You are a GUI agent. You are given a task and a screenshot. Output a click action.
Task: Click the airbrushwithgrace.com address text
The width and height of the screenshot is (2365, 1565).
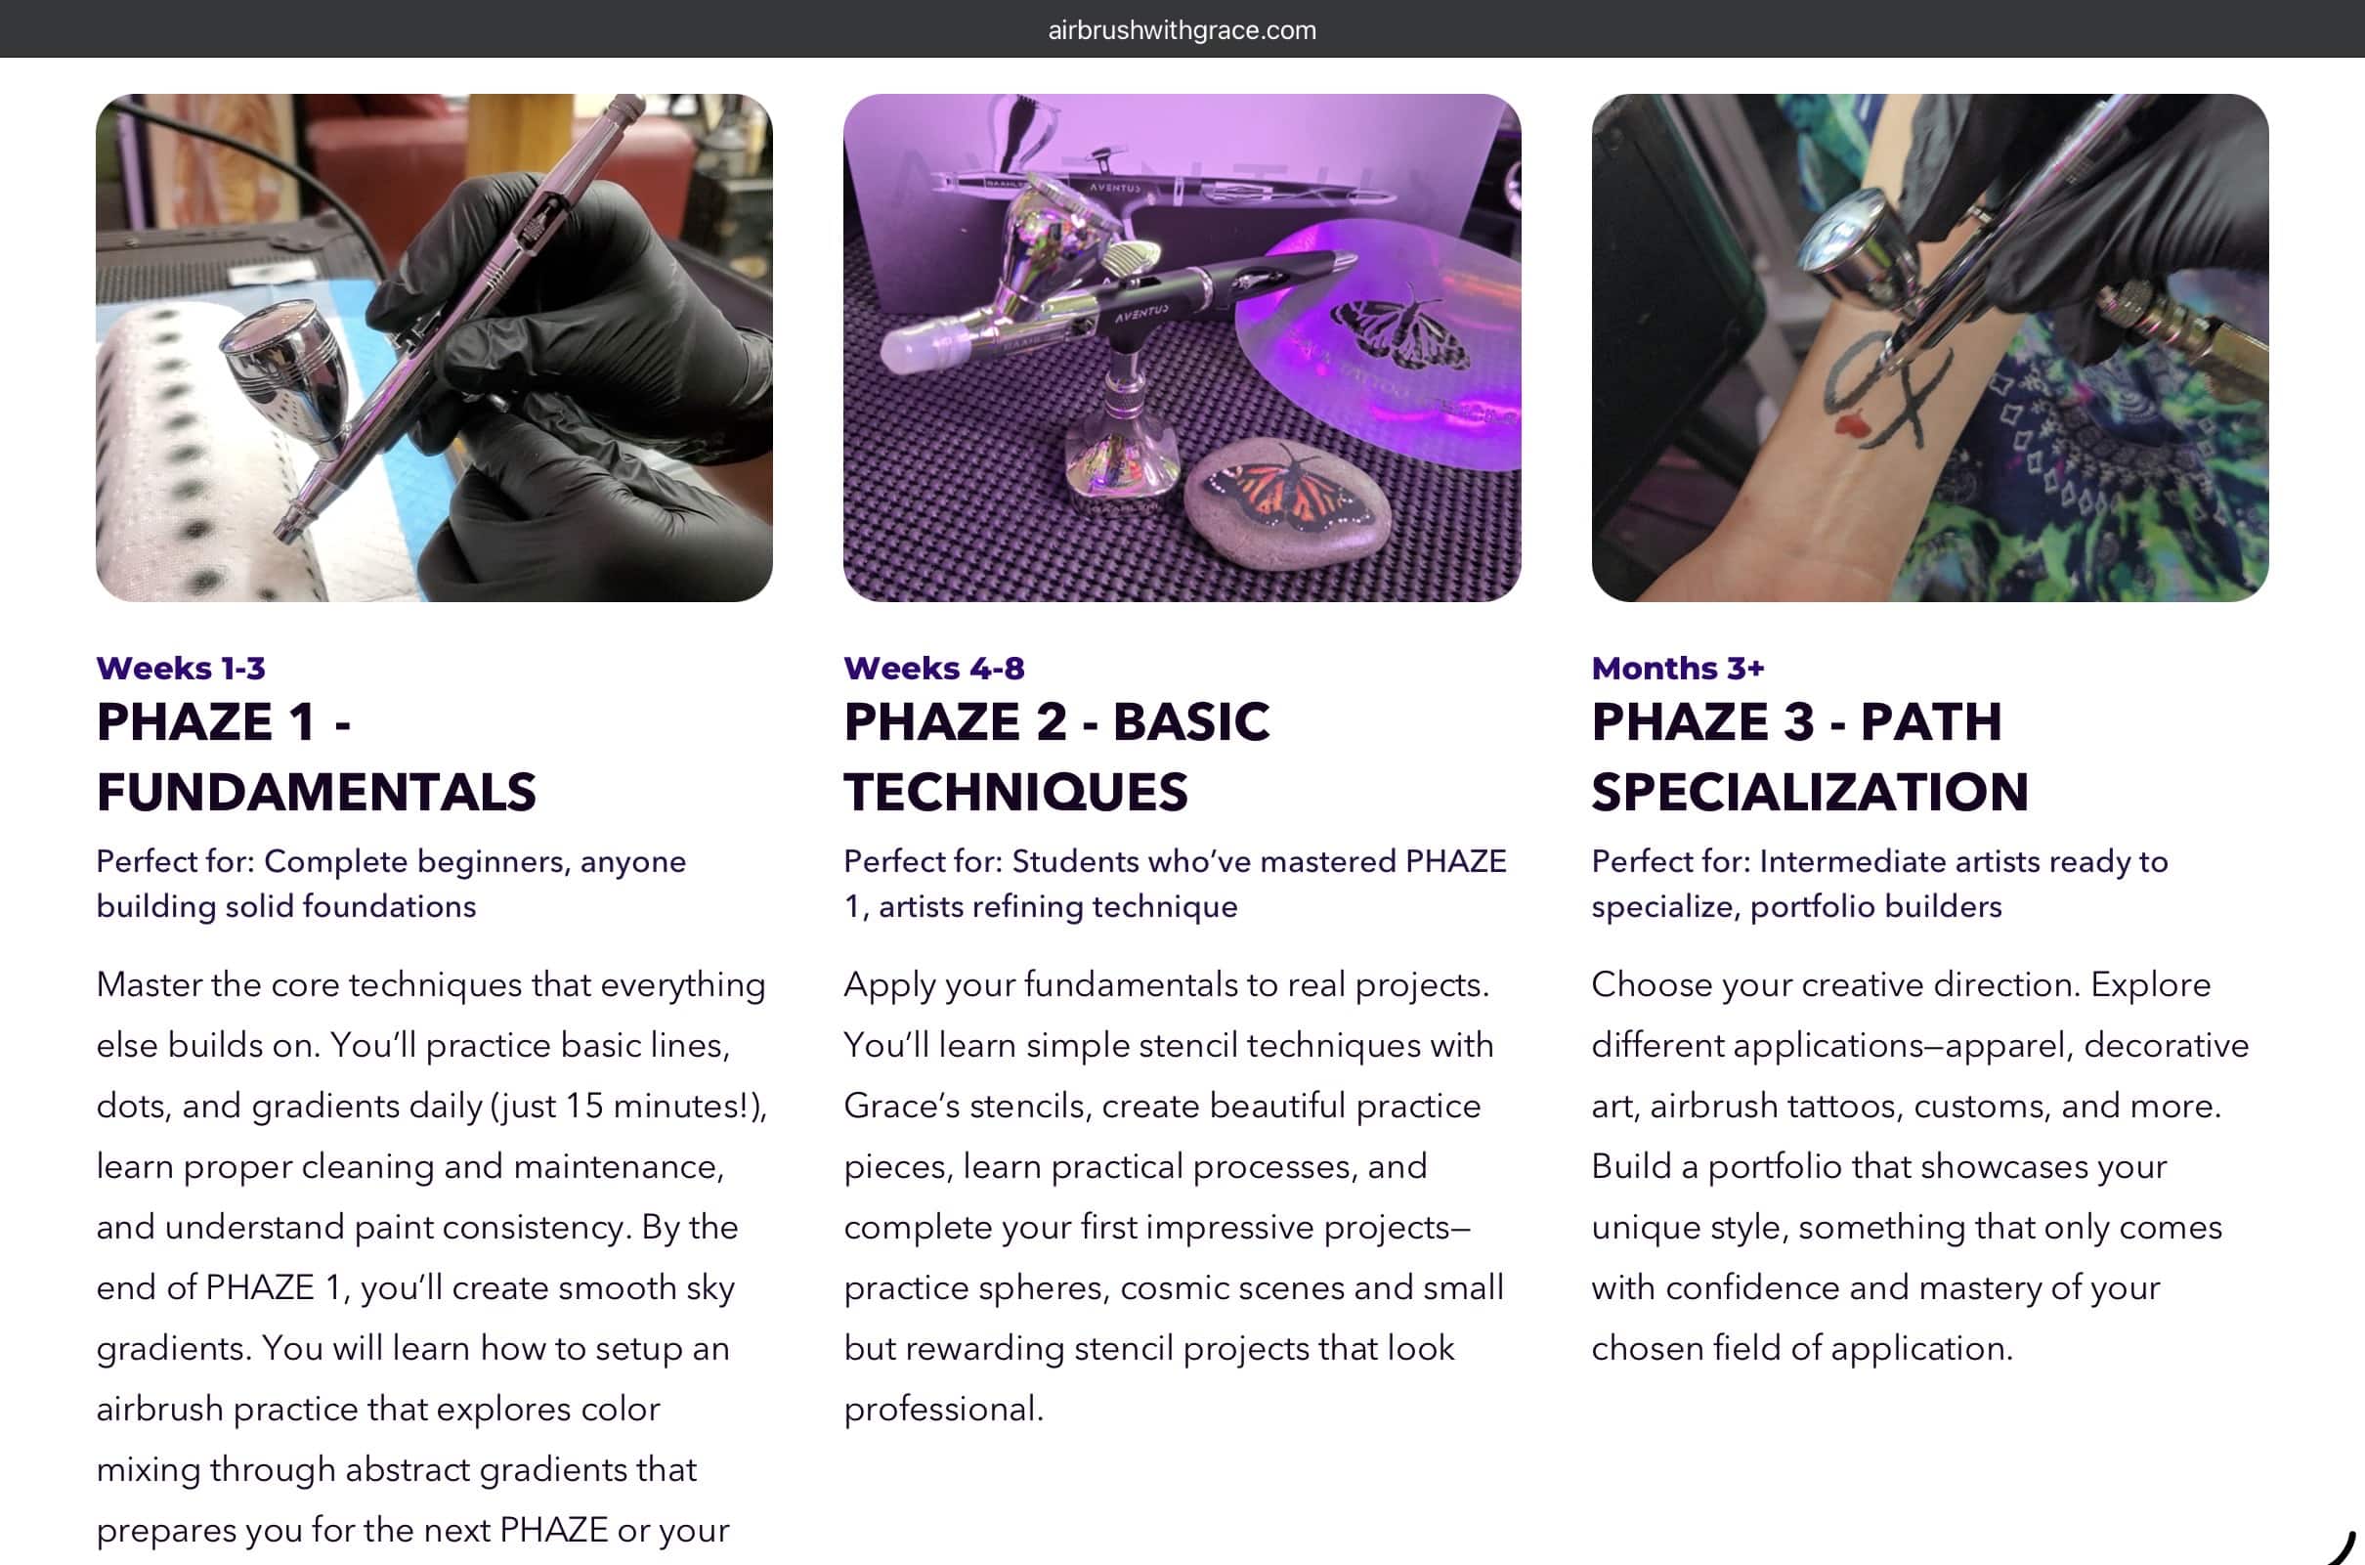click(1182, 30)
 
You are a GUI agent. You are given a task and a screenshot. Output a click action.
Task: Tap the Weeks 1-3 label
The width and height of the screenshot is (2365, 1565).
click(181, 668)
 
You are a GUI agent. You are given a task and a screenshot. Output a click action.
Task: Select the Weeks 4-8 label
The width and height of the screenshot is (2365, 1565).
click(934, 668)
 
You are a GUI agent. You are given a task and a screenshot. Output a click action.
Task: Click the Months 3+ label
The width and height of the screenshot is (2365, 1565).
click(1677, 668)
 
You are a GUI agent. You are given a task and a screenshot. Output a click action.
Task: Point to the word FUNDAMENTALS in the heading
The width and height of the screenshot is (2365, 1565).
click(317, 792)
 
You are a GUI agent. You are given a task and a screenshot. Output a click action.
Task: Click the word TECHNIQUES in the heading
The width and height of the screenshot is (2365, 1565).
click(1015, 792)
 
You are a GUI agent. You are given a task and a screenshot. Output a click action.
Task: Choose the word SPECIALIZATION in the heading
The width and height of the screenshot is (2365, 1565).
click(1810, 792)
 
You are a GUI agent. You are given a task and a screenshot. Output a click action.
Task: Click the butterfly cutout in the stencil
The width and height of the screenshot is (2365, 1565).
click(1401, 329)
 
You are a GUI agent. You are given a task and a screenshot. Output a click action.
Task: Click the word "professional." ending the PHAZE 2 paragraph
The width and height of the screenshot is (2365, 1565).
click(944, 1410)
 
